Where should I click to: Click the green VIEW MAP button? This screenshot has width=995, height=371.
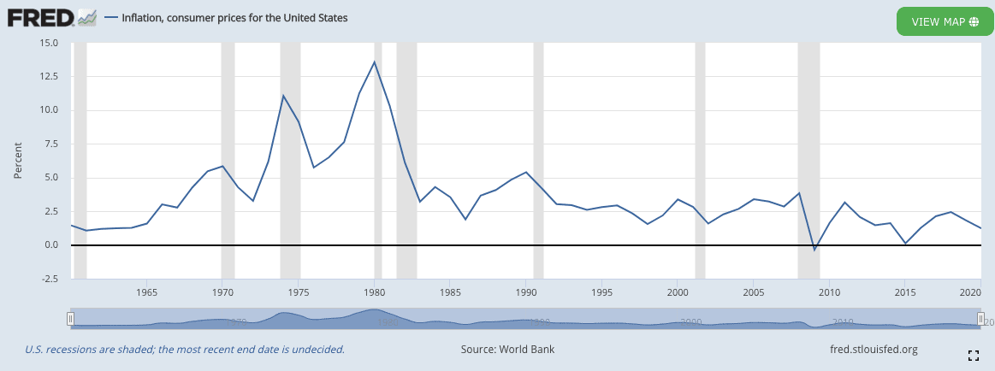[x=945, y=21]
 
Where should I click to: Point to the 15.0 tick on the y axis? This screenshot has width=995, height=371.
[x=48, y=43]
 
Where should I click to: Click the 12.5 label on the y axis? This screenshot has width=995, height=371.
[x=48, y=76]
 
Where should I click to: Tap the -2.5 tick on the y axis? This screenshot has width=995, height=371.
[x=48, y=279]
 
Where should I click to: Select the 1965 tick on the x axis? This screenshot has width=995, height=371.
[x=146, y=291]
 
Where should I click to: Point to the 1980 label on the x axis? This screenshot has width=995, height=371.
[x=374, y=291]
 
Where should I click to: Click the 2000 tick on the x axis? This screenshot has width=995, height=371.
[x=677, y=291]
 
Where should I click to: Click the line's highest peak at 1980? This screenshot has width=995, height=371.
[x=374, y=62]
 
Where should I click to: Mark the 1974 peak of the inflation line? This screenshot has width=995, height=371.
[x=283, y=96]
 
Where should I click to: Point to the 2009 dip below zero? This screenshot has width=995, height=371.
[x=814, y=250]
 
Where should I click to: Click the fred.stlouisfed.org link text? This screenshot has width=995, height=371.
[x=873, y=349]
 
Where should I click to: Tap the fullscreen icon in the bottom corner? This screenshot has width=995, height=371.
[x=973, y=355]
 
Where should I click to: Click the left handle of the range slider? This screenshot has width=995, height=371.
[x=71, y=319]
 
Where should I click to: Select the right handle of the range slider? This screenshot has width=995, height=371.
[x=981, y=319]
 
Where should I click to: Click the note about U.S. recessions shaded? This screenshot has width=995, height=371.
[x=185, y=349]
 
